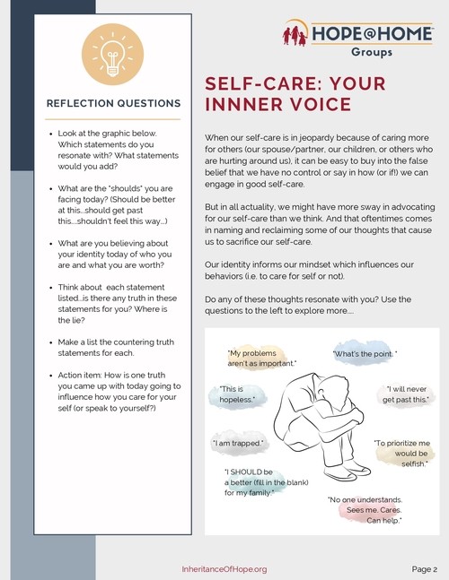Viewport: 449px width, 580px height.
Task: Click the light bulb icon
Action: point(112,55)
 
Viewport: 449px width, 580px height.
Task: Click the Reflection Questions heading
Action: point(114,103)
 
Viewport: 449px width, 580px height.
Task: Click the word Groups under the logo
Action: point(372,52)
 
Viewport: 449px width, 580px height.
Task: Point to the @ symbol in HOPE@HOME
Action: point(371,34)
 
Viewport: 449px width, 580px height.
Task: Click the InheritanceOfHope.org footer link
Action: point(224,569)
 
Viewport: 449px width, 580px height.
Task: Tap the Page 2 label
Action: point(425,569)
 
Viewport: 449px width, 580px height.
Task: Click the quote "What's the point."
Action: point(365,354)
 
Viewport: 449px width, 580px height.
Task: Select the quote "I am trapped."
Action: point(238,443)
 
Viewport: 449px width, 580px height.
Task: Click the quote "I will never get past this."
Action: point(406,394)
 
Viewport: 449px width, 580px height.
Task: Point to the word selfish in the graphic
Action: point(413,463)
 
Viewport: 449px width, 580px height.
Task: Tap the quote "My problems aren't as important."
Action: point(262,358)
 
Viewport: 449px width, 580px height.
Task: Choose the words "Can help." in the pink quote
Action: point(384,521)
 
